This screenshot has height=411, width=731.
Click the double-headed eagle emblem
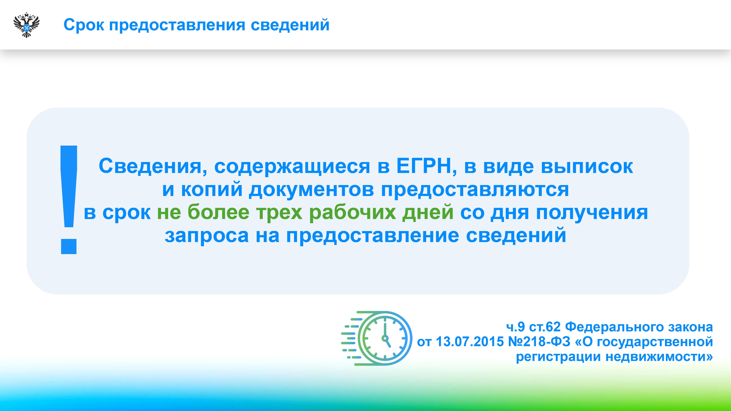point(26,25)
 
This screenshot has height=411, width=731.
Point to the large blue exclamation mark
point(69,200)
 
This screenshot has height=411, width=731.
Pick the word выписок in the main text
point(587,167)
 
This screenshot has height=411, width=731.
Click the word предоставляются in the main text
point(475,190)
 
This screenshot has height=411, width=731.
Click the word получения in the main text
point(592,213)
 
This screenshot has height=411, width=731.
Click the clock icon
point(377,338)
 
